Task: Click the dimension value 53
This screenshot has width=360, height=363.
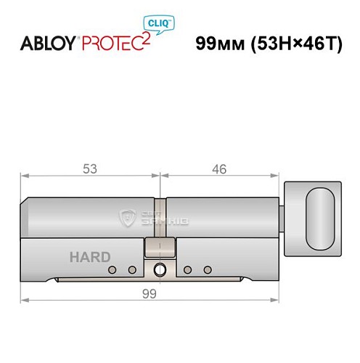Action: click(x=91, y=169)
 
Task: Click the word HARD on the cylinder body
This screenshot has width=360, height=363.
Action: click(x=90, y=256)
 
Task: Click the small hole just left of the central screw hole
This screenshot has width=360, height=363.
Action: click(x=132, y=270)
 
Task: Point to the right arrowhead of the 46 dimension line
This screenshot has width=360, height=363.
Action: click(x=277, y=175)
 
